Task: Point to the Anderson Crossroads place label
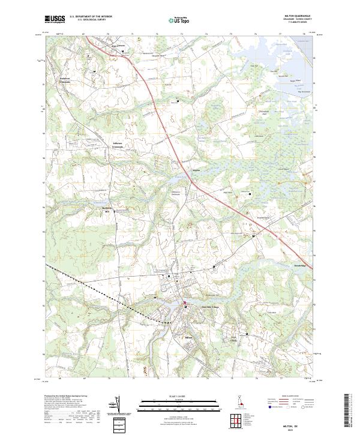point(56,80)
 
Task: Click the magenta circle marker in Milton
point(185,302)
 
